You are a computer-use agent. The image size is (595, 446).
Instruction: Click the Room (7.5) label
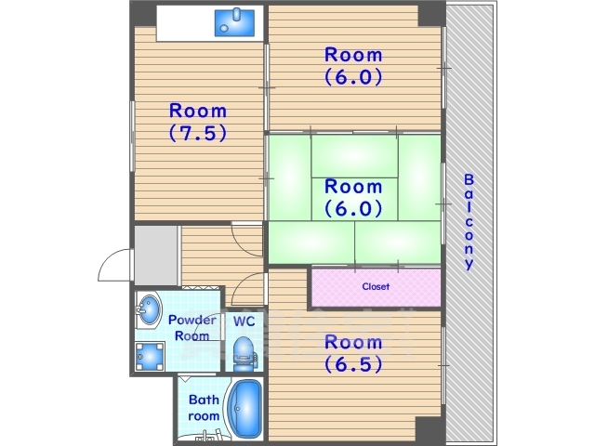(198, 122)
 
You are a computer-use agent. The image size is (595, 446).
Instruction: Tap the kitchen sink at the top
(234, 22)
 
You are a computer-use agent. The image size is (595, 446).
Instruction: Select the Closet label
(376, 286)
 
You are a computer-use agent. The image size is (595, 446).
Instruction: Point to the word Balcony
(469, 222)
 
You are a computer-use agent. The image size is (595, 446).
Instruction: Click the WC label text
(244, 321)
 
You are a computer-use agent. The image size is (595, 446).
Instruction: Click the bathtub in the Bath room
(245, 408)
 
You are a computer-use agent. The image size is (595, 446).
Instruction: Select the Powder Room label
(192, 328)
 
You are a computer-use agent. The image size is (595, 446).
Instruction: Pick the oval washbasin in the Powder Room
(149, 309)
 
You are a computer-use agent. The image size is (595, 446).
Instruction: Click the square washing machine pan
(151, 357)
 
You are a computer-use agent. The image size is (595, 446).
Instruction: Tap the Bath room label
(204, 408)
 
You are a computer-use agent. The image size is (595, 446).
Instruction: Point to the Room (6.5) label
(353, 353)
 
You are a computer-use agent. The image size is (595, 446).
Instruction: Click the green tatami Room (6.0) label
(353, 198)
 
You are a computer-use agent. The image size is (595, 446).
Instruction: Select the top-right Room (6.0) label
(353, 66)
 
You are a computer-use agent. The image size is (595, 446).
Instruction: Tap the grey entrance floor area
(156, 256)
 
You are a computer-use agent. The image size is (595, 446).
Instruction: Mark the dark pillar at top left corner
(143, 14)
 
